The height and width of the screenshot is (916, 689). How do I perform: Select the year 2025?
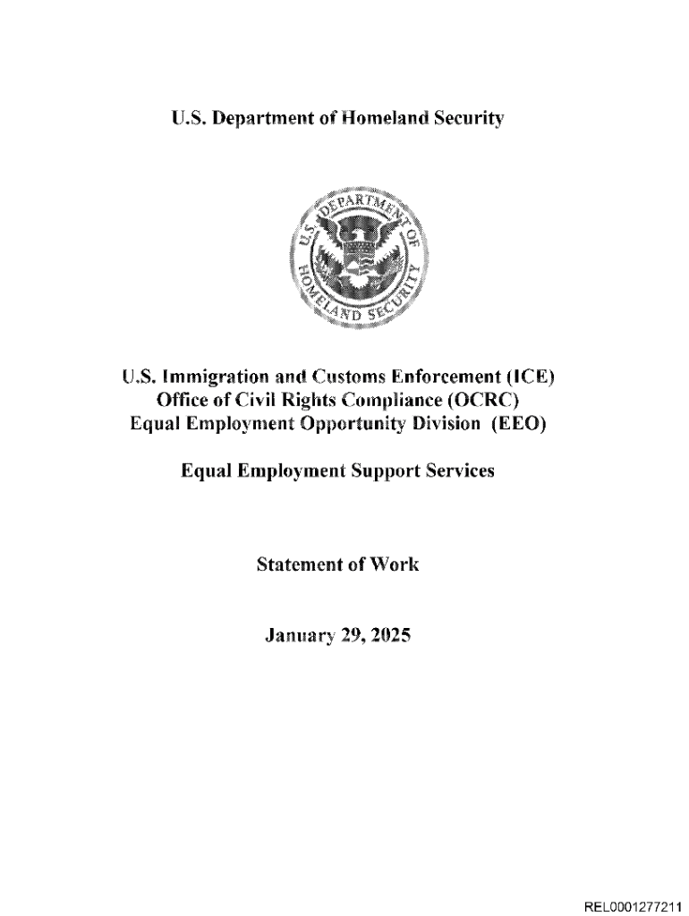pyautogui.click(x=387, y=637)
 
